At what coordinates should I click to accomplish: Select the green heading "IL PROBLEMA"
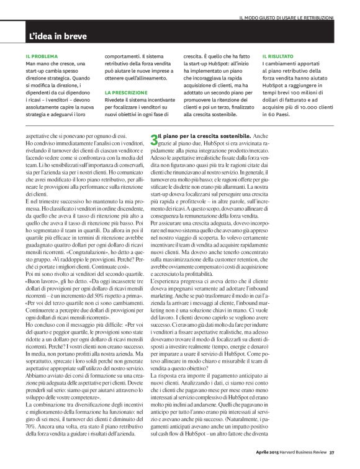[41, 56]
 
